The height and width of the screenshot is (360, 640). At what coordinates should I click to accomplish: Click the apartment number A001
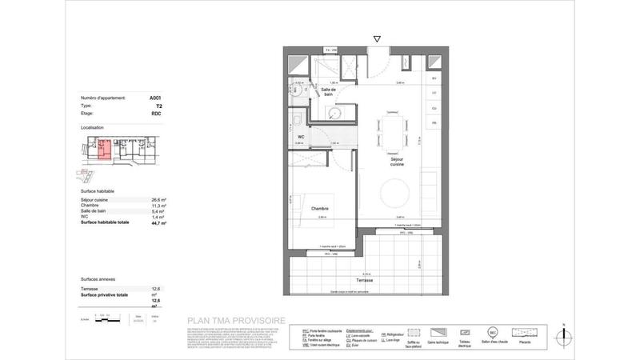pos(156,98)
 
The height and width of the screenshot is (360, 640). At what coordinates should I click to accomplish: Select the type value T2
pos(158,106)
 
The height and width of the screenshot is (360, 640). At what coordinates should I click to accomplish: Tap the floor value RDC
pos(157,114)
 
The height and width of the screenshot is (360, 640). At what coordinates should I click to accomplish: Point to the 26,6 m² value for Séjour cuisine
pos(158,199)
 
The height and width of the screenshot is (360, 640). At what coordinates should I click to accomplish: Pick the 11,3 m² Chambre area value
pos(158,205)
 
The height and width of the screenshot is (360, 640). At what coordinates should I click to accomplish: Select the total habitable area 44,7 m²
pos(158,223)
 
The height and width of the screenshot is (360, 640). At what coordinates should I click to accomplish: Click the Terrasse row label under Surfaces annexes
pos(90,290)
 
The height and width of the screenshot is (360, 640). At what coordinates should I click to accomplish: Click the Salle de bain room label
pos(328,92)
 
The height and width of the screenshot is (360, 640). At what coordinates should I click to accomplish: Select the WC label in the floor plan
pos(301,136)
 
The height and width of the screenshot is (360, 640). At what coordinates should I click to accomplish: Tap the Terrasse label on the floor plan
pos(365,282)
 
